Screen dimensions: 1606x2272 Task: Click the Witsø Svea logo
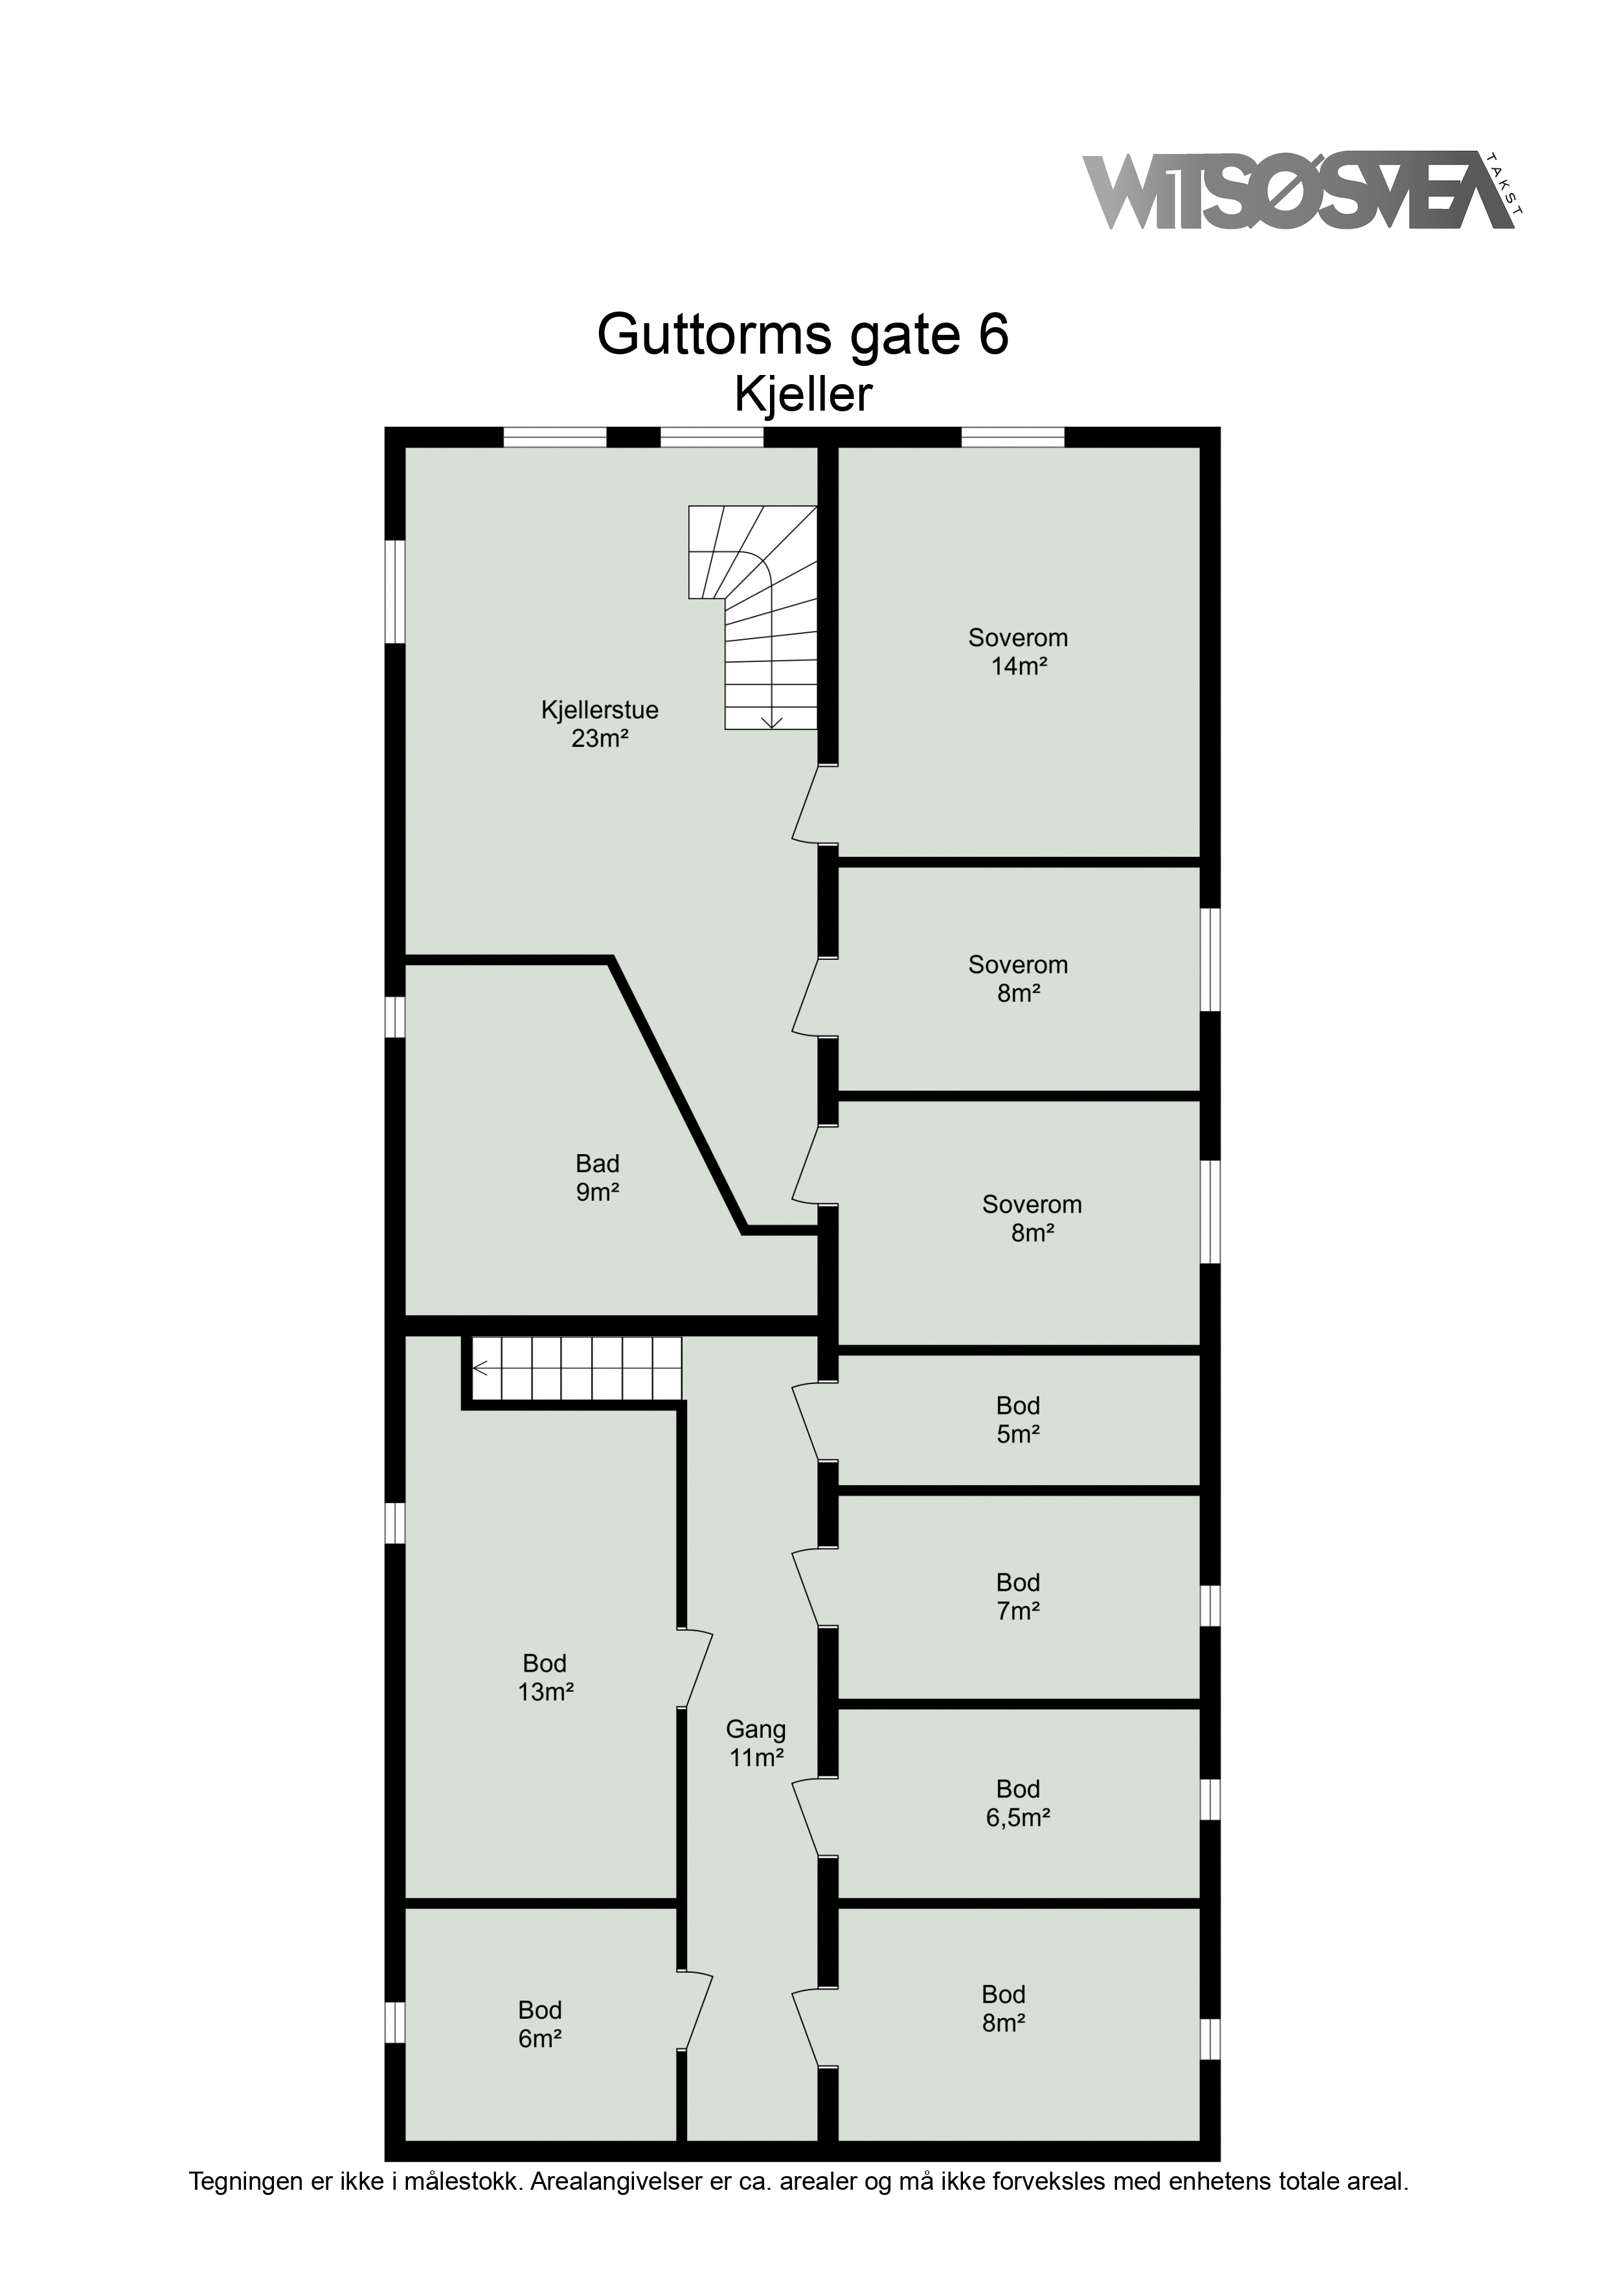(x=1303, y=191)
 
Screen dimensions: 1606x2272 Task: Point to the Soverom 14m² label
(x=1018, y=651)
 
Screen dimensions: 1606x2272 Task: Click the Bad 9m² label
(x=598, y=1177)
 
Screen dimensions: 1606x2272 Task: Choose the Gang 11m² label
(x=756, y=1743)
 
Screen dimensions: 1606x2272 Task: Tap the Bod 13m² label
(x=545, y=1677)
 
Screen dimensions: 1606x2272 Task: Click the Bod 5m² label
(x=1018, y=1419)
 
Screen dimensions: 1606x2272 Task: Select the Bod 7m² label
(x=1018, y=1596)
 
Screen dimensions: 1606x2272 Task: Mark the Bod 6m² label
(x=540, y=2024)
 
